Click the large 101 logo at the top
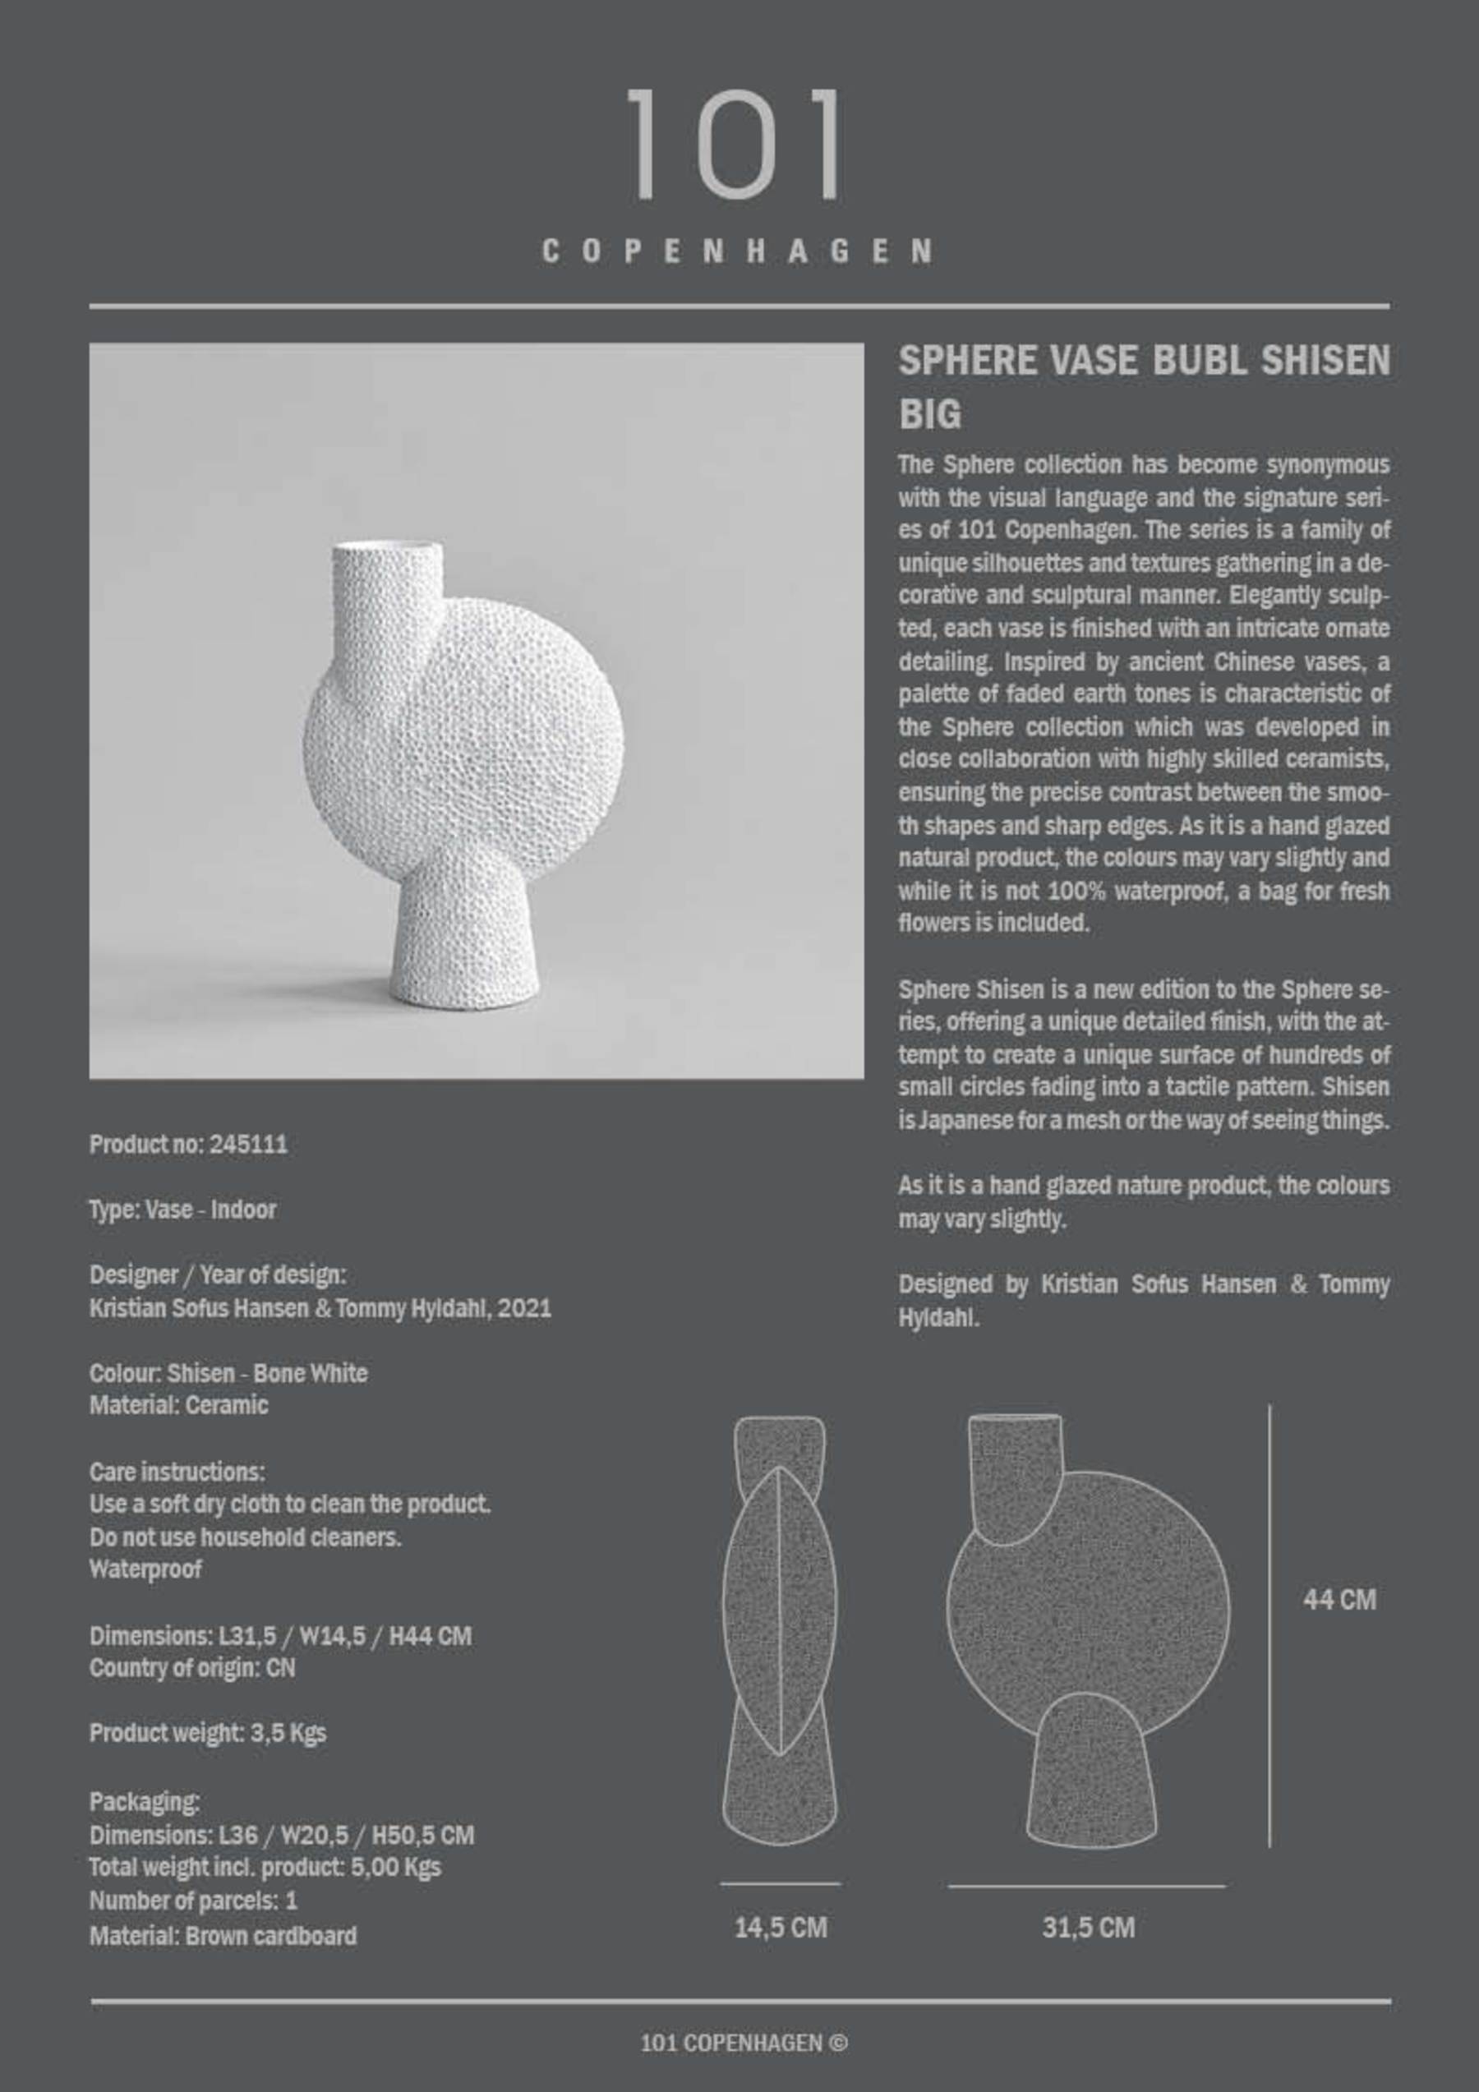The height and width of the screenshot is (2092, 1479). pos(735,144)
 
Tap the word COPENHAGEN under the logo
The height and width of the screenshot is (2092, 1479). pos(737,251)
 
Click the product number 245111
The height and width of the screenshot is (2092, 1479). pos(248,1145)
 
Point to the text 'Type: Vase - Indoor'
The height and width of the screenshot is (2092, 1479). pos(182,1210)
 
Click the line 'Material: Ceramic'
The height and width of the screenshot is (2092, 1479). pos(178,1405)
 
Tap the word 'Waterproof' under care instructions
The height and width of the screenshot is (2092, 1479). pos(145,1569)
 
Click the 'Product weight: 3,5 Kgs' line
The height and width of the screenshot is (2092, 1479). pos(208,1732)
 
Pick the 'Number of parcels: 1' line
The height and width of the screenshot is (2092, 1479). pos(193,1901)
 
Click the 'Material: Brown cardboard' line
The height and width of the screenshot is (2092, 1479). pos(223,1935)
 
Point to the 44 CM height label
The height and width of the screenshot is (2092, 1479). pos(1338,1599)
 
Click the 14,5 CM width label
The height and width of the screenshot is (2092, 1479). pos(781,1928)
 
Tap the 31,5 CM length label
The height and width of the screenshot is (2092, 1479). pos(1088,1928)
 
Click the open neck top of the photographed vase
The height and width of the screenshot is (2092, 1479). pos(387,550)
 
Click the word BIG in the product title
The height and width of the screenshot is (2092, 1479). pos(929,416)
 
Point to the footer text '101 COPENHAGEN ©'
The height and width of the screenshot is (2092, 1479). pos(744,2044)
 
